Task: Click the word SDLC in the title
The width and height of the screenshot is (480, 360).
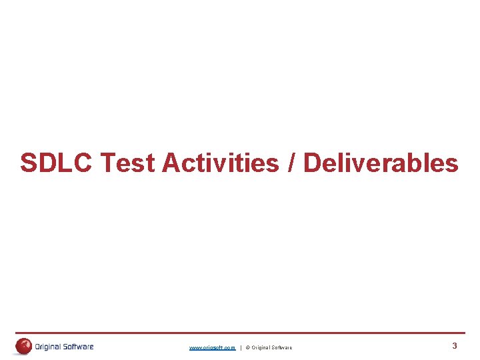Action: click(57, 163)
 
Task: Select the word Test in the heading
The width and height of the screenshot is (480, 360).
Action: click(127, 163)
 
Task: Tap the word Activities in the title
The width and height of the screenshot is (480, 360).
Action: click(221, 163)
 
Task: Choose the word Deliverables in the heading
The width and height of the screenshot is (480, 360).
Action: click(381, 163)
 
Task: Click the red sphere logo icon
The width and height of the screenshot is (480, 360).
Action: click(24, 346)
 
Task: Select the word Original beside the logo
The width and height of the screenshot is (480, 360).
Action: click(49, 347)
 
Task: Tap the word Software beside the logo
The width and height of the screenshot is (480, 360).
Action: click(79, 347)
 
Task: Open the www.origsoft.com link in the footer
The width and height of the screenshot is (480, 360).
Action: click(212, 347)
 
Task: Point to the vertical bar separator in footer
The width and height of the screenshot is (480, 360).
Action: click(241, 347)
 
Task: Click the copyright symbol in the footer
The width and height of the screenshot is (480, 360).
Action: click(247, 347)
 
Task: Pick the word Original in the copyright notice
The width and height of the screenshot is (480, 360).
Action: click(261, 347)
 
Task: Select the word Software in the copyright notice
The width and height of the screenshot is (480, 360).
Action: click(282, 347)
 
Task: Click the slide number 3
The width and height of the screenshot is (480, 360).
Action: click(455, 346)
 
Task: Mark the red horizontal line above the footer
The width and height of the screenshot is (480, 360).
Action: click(240, 333)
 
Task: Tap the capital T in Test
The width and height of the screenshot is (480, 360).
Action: click(107, 163)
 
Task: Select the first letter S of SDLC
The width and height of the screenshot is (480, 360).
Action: click(29, 163)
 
